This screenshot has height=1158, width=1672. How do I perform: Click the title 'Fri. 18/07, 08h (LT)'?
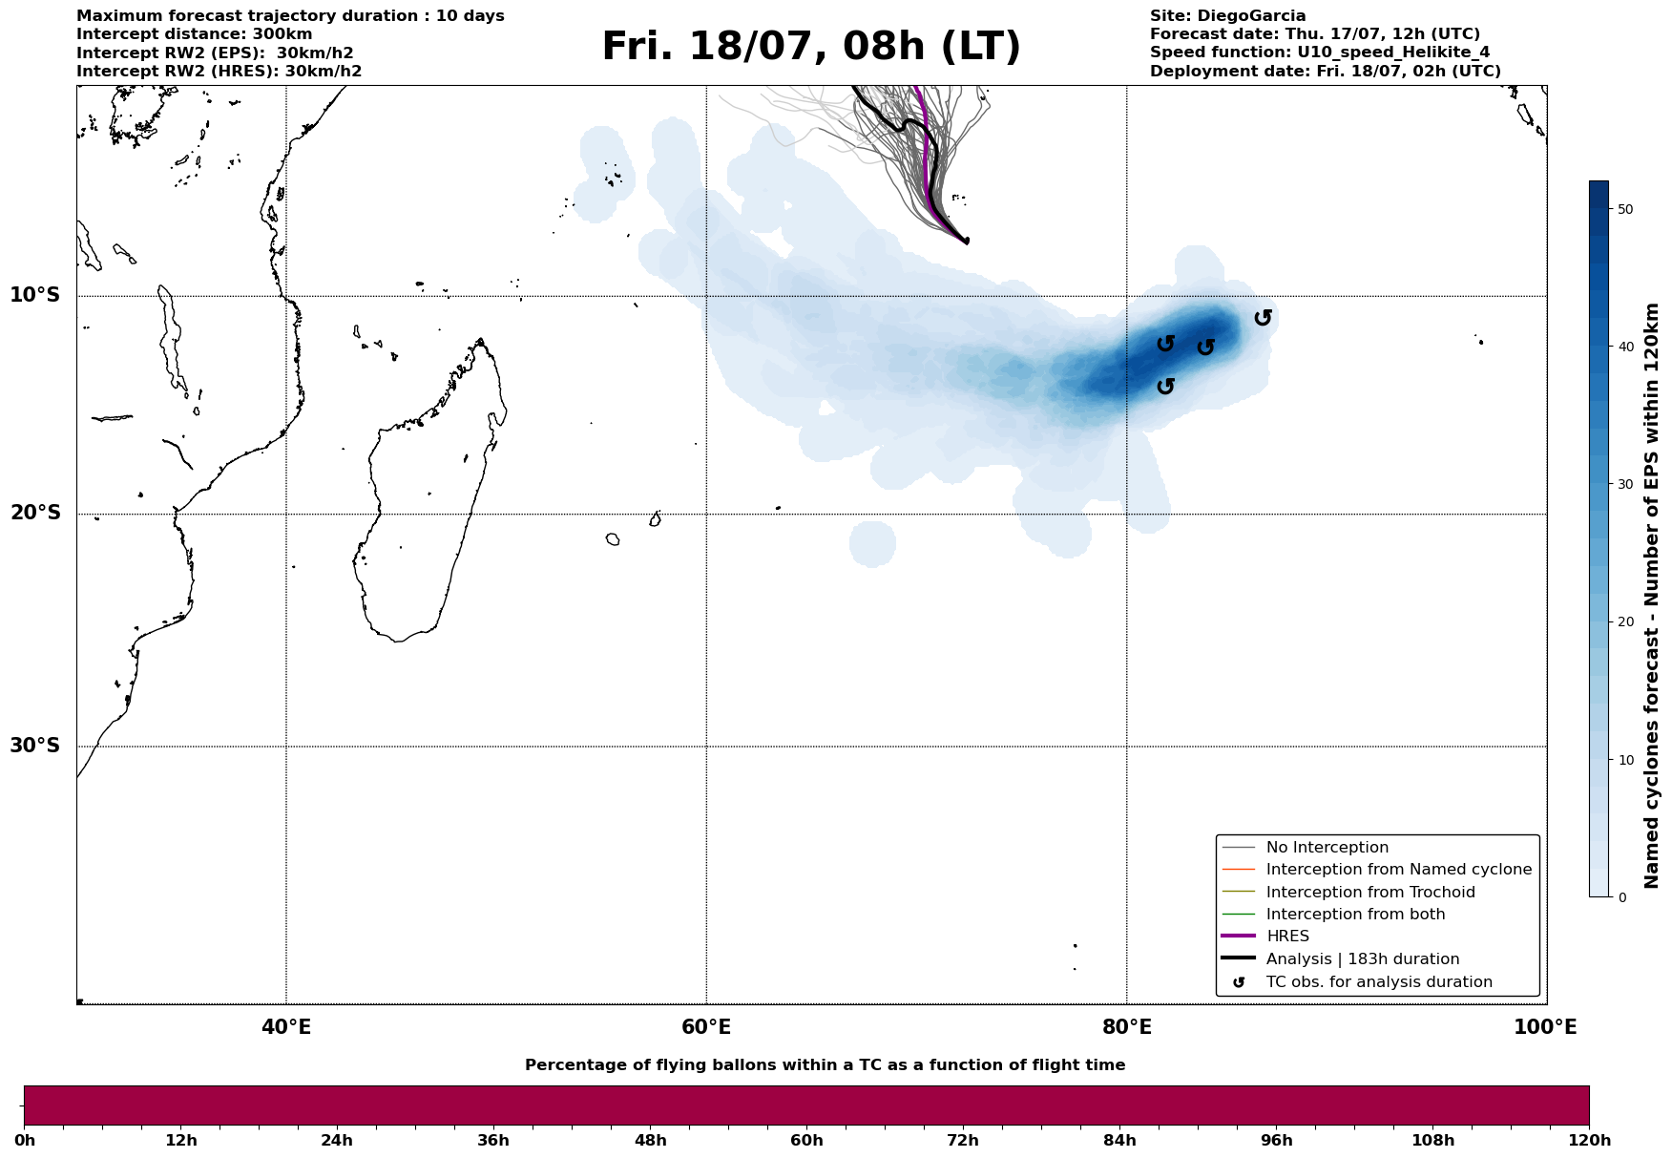click(x=811, y=47)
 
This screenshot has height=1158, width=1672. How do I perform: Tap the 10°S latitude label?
click(x=35, y=295)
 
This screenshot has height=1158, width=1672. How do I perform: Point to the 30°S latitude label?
click(x=35, y=746)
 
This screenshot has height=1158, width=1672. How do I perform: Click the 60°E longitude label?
click(x=706, y=1028)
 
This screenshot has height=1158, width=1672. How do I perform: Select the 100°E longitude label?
click(x=1545, y=1028)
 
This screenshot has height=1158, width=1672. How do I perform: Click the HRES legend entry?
click(x=1287, y=937)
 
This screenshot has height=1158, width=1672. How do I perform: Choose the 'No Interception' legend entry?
click(x=1327, y=848)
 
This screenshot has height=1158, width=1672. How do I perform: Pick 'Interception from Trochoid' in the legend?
click(x=1369, y=893)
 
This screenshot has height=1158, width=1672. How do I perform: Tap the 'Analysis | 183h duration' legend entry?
click(x=1362, y=959)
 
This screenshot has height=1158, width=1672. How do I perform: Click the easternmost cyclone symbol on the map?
click(x=1263, y=317)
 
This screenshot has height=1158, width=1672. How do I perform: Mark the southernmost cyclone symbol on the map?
click(x=1165, y=386)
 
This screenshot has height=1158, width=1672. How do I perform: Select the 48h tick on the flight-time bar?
click(x=651, y=1141)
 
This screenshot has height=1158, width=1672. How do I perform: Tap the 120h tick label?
click(x=1589, y=1141)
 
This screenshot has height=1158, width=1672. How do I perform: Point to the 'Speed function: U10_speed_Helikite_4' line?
click(x=1319, y=53)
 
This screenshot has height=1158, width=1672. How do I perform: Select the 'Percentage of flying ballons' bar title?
click(x=825, y=1065)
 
